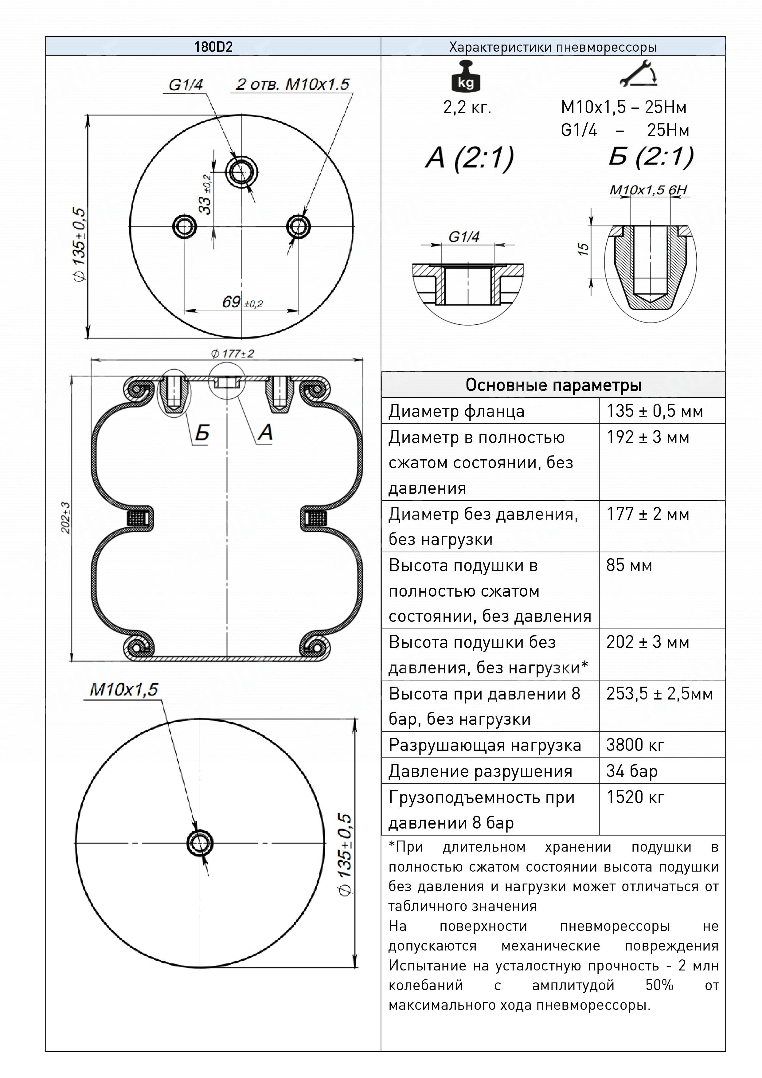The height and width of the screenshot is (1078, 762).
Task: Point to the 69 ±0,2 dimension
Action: tap(242, 302)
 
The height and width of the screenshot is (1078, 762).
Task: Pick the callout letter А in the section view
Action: tap(266, 432)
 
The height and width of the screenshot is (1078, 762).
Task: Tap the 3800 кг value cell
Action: tap(635, 745)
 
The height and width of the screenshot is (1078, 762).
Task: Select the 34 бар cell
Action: tap(631, 771)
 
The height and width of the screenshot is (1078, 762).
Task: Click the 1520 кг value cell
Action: tap(635, 797)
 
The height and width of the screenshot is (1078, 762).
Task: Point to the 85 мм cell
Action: tap(629, 565)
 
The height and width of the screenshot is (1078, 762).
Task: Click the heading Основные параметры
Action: tap(553, 385)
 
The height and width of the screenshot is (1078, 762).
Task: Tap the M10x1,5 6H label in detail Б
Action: tap(648, 190)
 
